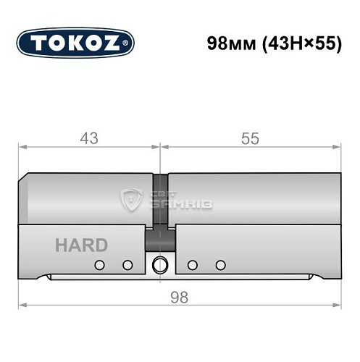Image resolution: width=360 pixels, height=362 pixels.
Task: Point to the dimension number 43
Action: (89, 138)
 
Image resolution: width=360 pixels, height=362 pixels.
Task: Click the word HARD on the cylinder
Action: (81, 245)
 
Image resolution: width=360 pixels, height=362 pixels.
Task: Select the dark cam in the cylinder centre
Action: (160, 239)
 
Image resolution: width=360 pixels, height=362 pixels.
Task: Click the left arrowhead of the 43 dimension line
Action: (22, 147)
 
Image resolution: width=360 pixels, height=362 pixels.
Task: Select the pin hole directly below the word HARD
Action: (101, 265)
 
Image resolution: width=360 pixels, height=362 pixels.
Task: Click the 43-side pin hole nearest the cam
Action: (127, 265)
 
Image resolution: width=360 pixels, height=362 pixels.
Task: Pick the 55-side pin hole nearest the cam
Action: (192, 265)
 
